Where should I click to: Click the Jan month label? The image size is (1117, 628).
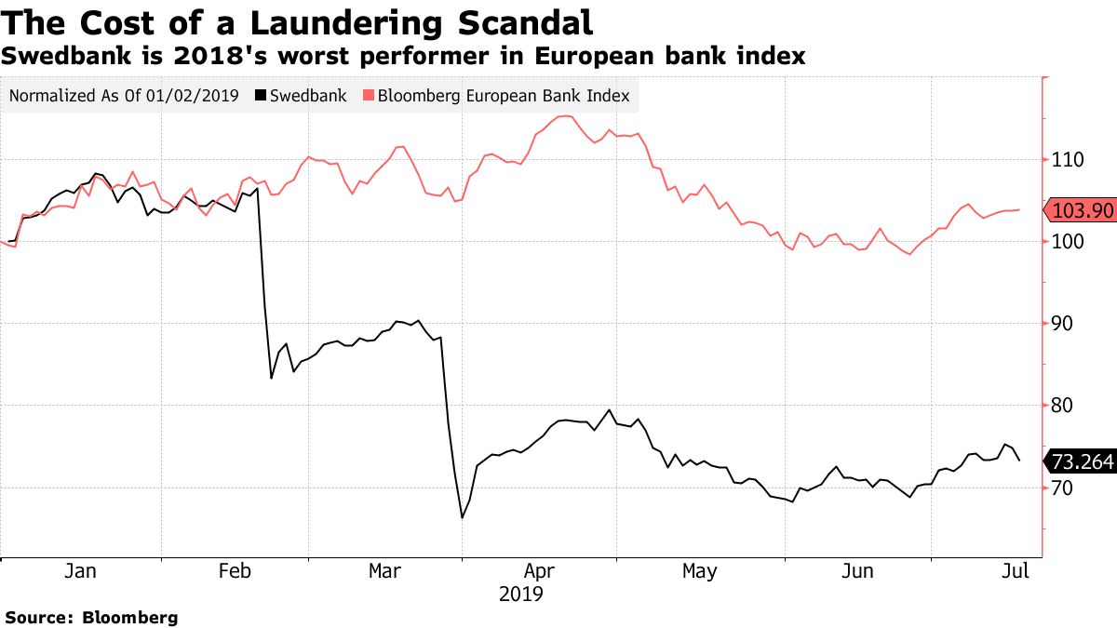point(80,571)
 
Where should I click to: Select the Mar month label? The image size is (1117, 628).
point(384,571)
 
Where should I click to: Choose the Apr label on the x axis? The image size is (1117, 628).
point(541,571)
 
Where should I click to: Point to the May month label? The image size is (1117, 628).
point(699,571)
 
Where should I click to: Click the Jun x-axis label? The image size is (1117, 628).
point(856,571)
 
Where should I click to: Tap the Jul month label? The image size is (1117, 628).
point(1016,571)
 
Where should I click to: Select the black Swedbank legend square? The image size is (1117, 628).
point(261,96)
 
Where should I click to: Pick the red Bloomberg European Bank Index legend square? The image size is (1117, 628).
point(368,96)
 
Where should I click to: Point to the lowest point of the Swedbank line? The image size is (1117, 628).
point(462,517)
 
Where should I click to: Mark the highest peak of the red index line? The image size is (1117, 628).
point(564,116)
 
